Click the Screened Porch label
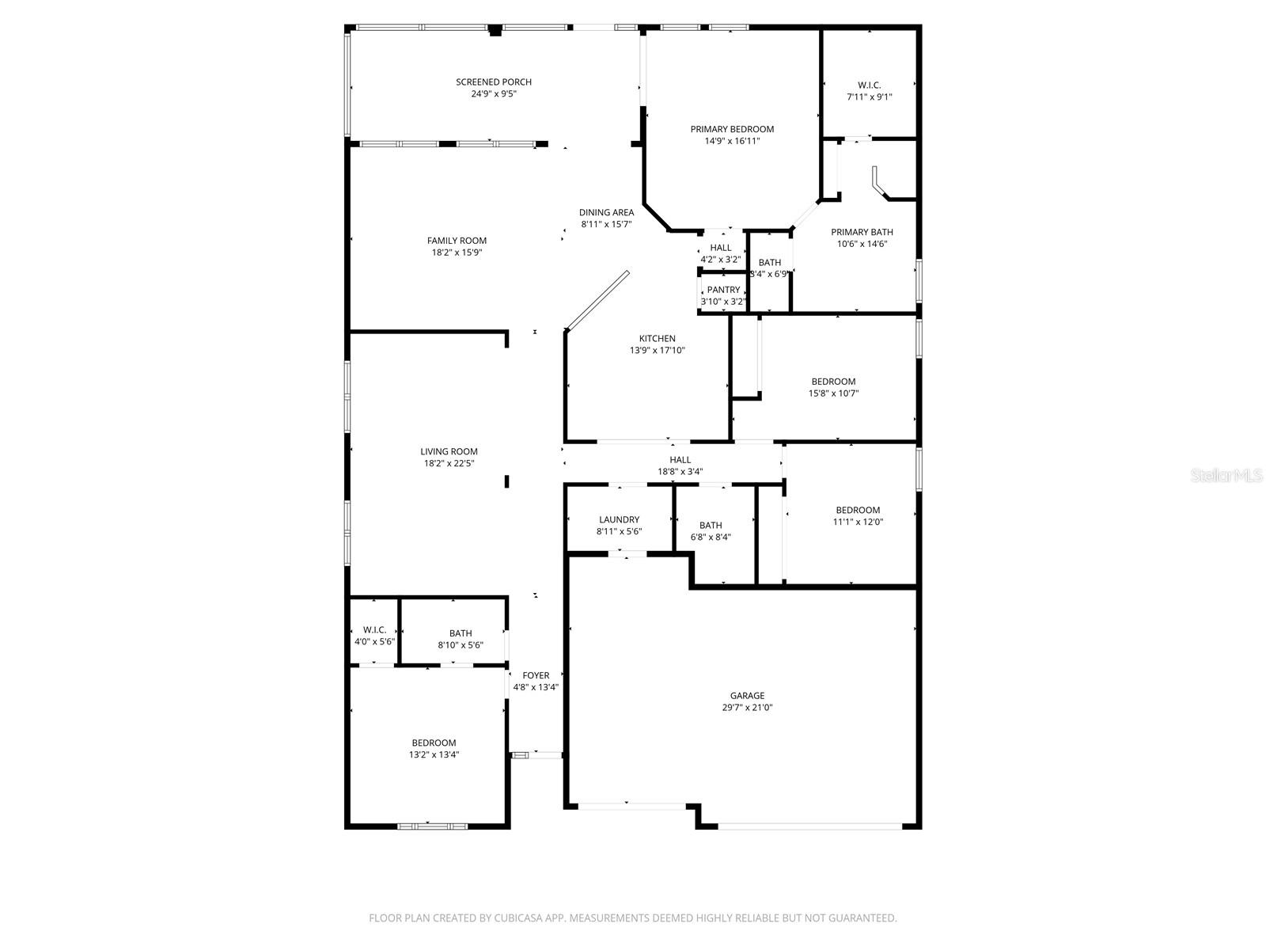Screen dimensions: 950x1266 (493, 82)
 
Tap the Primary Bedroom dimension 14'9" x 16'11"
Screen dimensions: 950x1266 (732, 141)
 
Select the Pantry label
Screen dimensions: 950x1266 (723, 290)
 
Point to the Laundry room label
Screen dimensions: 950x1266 (619, 519)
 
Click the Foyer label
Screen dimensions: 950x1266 (536, 675)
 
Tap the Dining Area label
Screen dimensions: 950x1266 (606, 212)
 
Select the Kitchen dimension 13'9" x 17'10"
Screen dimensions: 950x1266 (657, 350)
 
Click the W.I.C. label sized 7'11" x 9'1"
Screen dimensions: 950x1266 (869, 85)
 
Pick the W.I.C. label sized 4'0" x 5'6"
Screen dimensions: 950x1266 (374, 629)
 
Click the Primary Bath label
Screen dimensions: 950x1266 (862, 232)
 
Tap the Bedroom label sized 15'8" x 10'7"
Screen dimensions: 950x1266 (833, 382)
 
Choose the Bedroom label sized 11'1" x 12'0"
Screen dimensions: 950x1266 (858, 510)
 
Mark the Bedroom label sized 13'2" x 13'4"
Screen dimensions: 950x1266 (434, 743)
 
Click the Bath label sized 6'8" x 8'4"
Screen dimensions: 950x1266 (711, 525)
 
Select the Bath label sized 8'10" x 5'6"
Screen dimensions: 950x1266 (461, 633)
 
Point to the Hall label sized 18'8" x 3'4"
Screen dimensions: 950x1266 (680, 459)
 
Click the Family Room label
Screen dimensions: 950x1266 (457, 241)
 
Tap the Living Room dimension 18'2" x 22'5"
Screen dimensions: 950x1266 (449, 464)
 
